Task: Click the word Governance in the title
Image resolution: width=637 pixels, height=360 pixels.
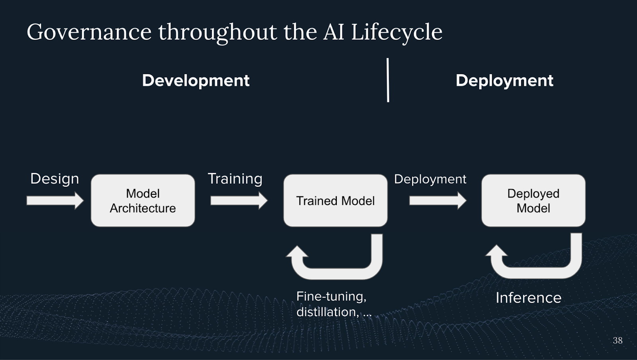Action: (89, 32)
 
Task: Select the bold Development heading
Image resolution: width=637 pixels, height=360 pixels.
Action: (195, 80)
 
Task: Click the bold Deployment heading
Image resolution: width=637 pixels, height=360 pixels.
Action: (504, 80)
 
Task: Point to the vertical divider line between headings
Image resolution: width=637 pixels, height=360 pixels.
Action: (388, 80)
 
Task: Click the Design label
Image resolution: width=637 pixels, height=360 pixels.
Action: (55, 178)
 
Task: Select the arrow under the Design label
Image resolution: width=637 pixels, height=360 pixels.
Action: (55, 200)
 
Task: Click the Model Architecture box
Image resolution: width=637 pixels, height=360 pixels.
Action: (143, 201)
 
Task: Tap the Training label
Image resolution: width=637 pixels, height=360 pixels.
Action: (235, 178)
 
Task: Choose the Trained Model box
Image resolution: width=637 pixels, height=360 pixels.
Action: (335, 201)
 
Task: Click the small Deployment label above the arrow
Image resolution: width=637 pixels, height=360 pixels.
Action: (430, 179)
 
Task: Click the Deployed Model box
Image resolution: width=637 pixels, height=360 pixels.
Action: (533, 201)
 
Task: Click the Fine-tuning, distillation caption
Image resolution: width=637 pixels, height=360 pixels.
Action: (333, 304)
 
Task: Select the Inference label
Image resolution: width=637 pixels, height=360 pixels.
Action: (528, 298)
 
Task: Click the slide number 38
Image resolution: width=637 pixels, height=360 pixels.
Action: (617, 340)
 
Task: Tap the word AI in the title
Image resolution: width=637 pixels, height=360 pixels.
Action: (334, 32)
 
